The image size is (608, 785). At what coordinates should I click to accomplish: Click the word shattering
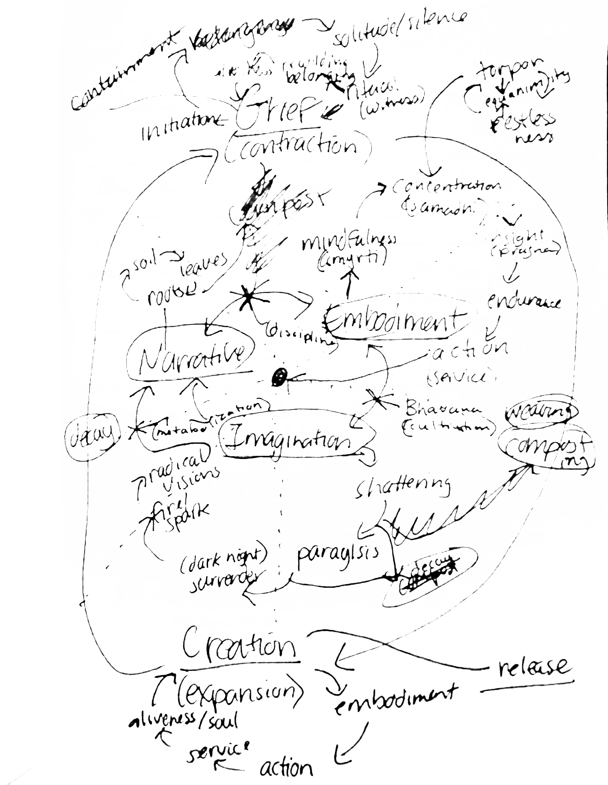pyautogui.click(x=402, y=487)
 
